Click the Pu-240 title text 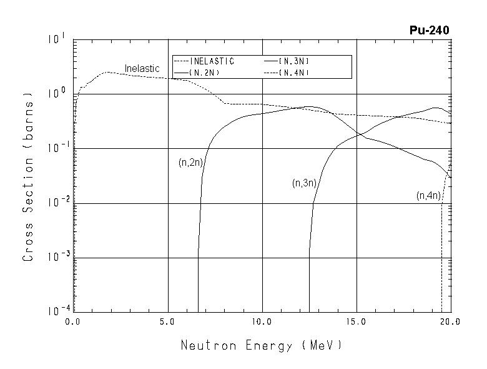pyautogui.click(x=428, y=30)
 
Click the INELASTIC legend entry pyautogui.click(x=212, y=61)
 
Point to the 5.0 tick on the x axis pyautogui.click(x=167, y=323)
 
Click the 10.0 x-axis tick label pyautogui.click(x=261, y=323)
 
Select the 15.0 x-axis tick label pyautogui.click(x=355, y=323)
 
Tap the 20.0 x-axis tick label pyautogui.click(x=449, y=323)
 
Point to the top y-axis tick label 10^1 pyautogui.click(x=56, y=39)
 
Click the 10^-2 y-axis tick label pyautogui.click(x=54, y=202)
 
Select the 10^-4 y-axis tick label pyautogui.click(x=54, y=310)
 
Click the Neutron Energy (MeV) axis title pyautogui.click(x=262, y=345)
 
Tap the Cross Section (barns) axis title pyautogui.click(x=28, y=176)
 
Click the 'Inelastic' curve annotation pyautogui.click(x=142, y=68)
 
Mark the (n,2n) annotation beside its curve pyautogui.click(x=190, y=163)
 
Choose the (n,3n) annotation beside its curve pyautogui.click(x=304, y=183)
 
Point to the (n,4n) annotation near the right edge pyautogui.click(x=429, y=196)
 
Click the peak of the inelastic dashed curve pyautogui.click(x=107, y=72)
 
